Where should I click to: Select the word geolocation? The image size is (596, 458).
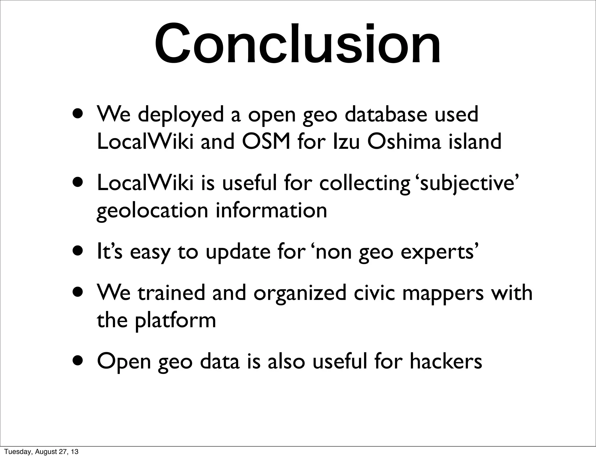[152, 211]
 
